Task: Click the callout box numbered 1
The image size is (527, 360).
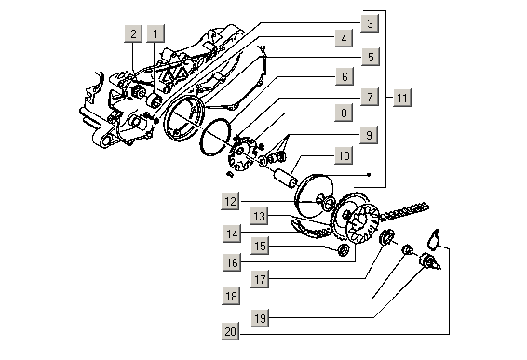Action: point(155,33)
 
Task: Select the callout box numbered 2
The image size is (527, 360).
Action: point(133,33)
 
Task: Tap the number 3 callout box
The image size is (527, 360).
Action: point(370,23)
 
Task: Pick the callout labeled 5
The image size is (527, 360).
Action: point(371,57)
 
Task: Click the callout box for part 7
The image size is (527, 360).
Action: point(370,97)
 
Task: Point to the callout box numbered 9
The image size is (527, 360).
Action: point(369,135)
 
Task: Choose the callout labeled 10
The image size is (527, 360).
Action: point(344,155)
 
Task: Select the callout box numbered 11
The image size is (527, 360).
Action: point(402,98)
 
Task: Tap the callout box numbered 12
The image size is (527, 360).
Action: point(230,201)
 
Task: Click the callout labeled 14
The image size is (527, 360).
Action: point(232,233)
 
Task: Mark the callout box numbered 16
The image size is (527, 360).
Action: point(232,262)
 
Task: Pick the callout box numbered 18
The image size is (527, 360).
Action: point(231,296)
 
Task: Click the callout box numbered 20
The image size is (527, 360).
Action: point(230,331)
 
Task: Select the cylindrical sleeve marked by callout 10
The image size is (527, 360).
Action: point(284,179)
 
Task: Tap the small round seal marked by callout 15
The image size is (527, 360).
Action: point(344,250)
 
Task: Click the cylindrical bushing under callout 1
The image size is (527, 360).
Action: point(155,101)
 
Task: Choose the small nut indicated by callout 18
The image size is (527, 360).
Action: point(407,249)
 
